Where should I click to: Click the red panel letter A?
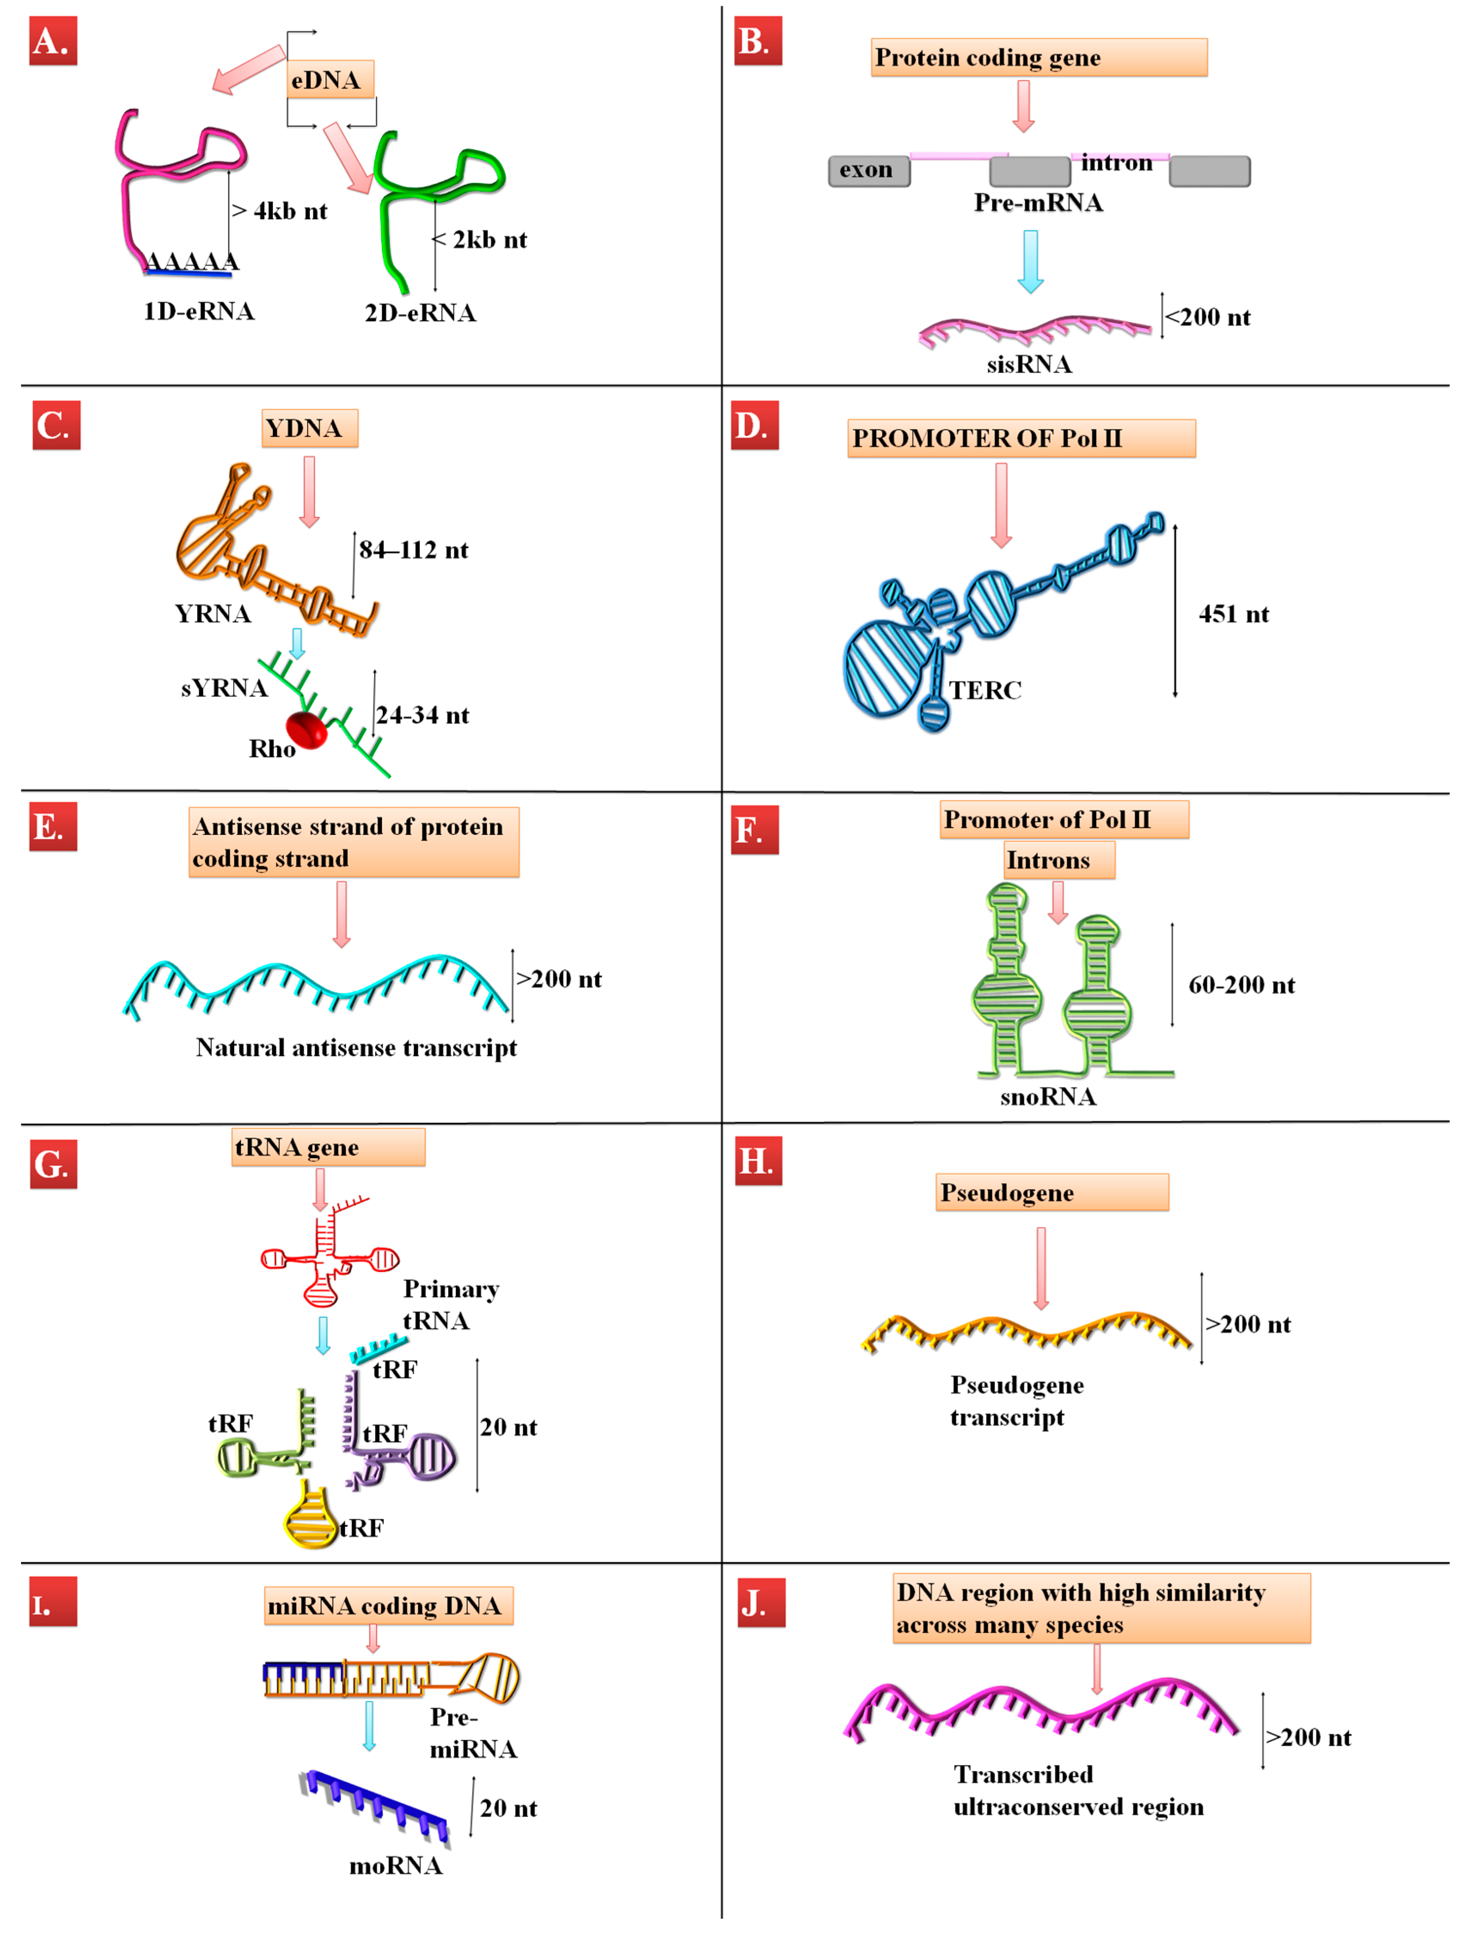(52, 41)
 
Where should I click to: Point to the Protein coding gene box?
(1038, 58)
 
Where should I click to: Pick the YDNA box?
(309, 429)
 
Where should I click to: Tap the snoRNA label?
(1048, 1097)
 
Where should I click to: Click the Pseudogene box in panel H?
(1051, 1193)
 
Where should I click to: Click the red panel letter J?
(760, 1603)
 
